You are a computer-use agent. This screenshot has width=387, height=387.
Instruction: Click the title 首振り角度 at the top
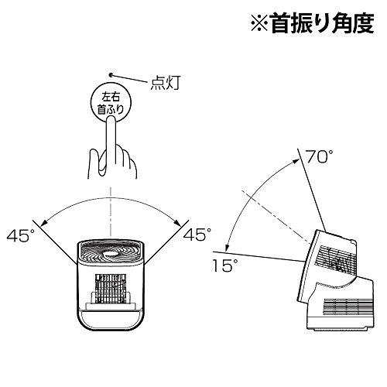(x=322, y=24)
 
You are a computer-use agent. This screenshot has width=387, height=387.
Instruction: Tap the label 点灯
(x=165, y=83)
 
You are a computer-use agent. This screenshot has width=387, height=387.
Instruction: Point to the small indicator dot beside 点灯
(x=111, y=75)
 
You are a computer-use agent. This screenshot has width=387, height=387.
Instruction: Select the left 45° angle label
(x=20, y=235)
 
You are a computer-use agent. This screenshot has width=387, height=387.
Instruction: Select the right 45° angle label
(x=197, y=235)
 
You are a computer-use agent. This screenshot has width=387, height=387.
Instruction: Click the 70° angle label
(x=320, y=156)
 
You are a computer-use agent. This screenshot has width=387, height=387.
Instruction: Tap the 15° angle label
(x=224, y=265)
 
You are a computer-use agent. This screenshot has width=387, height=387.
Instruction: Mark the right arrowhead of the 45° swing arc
(x=177, y=222)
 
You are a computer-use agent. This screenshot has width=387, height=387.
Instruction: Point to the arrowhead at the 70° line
(x=297, y=161)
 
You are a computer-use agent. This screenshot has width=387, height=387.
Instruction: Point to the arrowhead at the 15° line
(x=227, y=248)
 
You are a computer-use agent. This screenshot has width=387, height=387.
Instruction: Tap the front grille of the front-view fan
(x=111, y=289)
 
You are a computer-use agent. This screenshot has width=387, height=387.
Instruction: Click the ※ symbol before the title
(x=259, y=24)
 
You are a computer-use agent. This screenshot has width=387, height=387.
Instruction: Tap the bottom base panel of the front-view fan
(x=111, y=320)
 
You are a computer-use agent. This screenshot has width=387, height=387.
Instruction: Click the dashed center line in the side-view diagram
(x=276, y=216)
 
